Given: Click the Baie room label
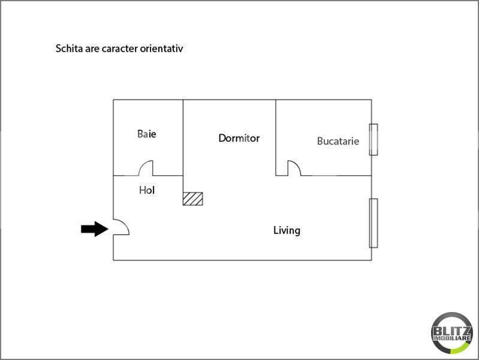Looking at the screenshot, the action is pos(147,134).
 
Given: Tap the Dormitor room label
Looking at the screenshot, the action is pos(239,138).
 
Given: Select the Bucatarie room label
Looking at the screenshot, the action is pos(338,141).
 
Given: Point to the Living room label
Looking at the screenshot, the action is pos(287,230).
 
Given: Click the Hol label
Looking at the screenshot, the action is pos(147,190).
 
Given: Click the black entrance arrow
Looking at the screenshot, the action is pos(94,229).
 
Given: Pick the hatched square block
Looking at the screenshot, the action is pos(193,199).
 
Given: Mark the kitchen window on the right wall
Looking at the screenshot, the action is pos(373,139).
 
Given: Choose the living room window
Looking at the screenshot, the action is pos(373,223).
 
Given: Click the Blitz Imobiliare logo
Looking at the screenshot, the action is pos(451,333).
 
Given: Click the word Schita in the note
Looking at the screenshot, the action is pos(69,49).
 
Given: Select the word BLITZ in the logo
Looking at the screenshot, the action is pos(452,331).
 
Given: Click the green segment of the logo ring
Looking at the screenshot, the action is pos(462,349).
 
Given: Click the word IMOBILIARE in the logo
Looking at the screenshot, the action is pos(452,338).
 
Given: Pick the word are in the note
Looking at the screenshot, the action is pos(92,49).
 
